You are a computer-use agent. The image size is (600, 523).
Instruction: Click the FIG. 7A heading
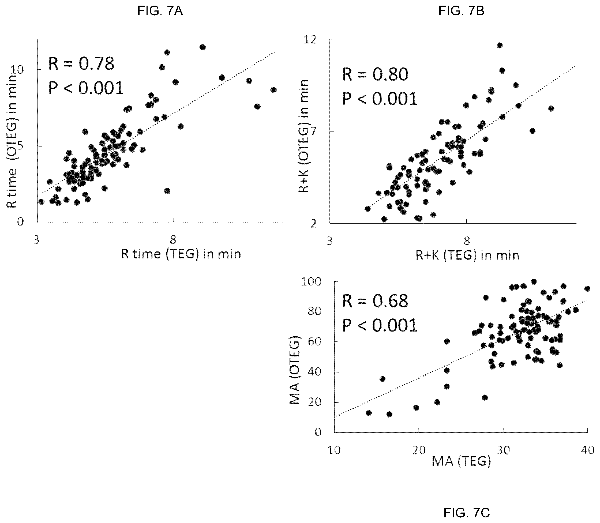pyautogui.click(x=160, y=11)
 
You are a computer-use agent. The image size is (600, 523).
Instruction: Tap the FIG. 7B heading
pyautogui.click(x=461, y=11)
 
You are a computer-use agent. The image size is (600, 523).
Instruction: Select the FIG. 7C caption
pyautogui.click(x=467, y=512)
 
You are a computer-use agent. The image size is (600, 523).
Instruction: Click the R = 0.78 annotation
pyautogui.click(x=81, y=64)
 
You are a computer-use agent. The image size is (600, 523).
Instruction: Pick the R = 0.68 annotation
pyautogui.click(x=375, y=301)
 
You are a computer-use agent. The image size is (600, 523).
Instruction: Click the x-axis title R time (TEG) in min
pyautogui.click(x=181, y=254)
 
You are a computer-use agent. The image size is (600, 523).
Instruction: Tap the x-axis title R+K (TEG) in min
pyautogui.click(x=467, y=255)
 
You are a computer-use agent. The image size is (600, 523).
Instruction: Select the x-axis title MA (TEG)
pyautogui.click(x=461, y=461)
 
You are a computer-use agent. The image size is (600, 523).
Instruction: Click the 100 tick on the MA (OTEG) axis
pyautogui.click(x=311, y=282)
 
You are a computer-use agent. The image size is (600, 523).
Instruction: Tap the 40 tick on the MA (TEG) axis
pyautogui.click(x=587, y=450)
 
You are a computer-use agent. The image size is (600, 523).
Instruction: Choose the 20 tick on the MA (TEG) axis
pyautogui.click(x=419, y=450)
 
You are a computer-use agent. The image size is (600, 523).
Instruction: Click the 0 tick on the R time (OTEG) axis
pyautogui.click(x=20, y=222)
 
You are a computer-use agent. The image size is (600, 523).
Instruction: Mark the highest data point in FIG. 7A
pyautogui.click(x=202, y=47)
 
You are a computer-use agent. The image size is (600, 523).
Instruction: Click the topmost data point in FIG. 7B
pyautogui.click(x=500, y=45)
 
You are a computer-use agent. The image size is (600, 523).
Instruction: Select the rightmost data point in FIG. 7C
pyautogui.click(x=587, y=289)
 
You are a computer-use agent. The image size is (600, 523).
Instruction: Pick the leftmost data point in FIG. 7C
pyautogui.click(x=369, y=413)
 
